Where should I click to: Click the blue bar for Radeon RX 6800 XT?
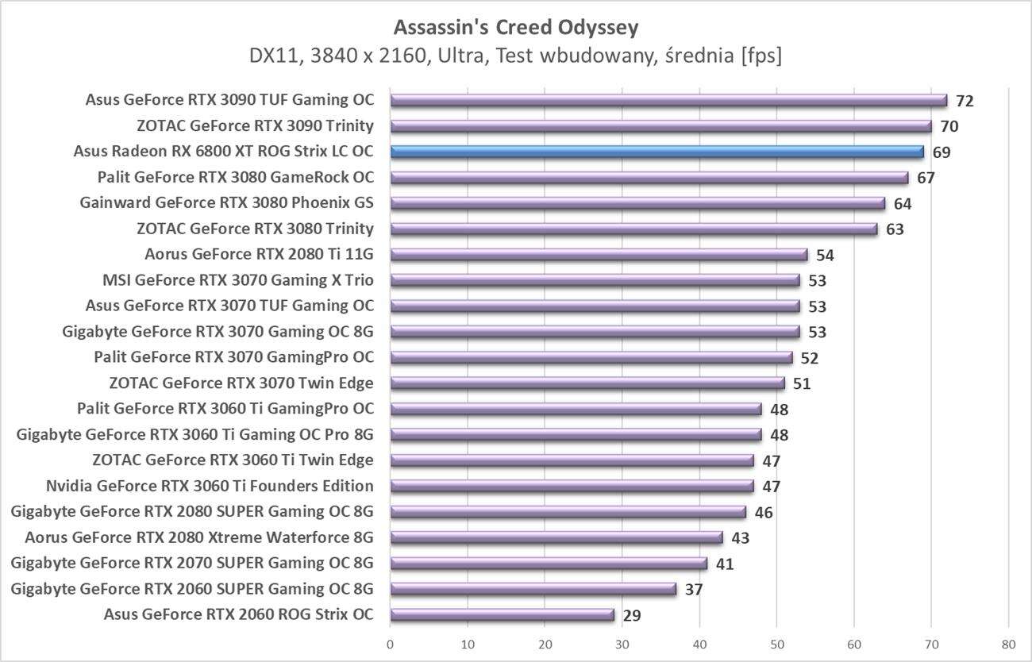(657, 152)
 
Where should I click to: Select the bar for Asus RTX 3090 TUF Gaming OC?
(668, 100)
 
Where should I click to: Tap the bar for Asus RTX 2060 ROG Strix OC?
(503, 614)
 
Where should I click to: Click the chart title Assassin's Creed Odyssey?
(516, 28)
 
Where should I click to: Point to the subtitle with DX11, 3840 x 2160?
(516, 56)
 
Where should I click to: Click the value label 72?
(965, 101)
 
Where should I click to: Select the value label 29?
(632, 615)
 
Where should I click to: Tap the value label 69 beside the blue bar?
(942, 152)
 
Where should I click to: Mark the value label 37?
(694, 590)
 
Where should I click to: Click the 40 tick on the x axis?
(699, 644)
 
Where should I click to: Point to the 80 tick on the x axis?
(1008, 644)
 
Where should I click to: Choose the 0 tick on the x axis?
(391, 644)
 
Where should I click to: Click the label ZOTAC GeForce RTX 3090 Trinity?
(255, 125)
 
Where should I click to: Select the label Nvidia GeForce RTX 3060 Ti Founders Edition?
(210, 486)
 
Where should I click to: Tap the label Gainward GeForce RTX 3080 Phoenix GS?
(226, 202)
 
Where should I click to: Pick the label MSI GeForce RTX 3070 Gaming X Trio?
(238, 279)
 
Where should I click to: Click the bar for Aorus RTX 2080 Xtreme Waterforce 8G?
(556, 537)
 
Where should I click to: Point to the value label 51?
(802, 384)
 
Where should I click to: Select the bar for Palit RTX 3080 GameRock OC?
(649, 177)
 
